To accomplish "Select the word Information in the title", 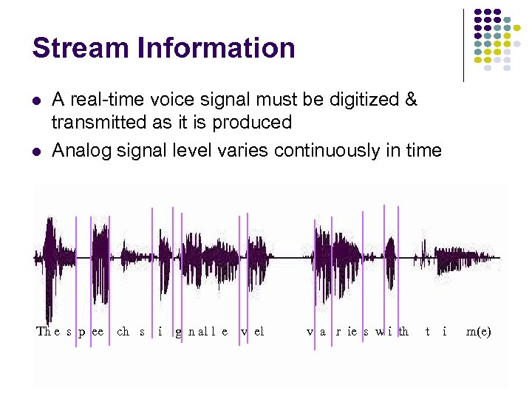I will point(215,48).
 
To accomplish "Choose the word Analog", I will point(81,151).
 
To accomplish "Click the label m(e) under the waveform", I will point(478,331).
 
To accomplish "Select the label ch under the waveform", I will point(123,331).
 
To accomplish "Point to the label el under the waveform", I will point(259,331).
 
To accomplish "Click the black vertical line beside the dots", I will point(464,44).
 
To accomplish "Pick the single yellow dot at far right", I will point(528,28).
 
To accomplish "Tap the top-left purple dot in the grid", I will point(477,13).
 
